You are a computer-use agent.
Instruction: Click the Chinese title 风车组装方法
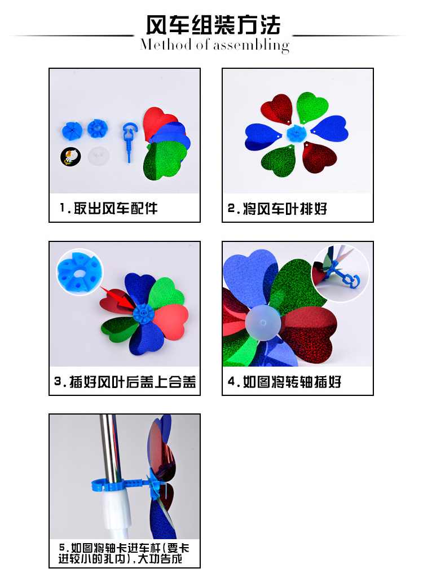point(213,25)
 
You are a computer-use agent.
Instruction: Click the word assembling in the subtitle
point(251,46)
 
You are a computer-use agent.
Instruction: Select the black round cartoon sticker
point(70,157)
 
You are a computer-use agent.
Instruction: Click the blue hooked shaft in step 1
point(129,140)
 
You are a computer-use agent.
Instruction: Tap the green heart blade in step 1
point(165,160)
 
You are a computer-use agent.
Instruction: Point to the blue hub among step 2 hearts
point(297,134)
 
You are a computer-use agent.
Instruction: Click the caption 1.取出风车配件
point(108,208)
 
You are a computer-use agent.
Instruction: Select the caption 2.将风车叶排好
point(277,209)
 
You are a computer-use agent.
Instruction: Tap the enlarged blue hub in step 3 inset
point(79,272)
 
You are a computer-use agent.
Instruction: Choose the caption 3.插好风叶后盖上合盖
point(125,382)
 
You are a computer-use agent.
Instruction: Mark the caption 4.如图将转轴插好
point(285,382)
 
